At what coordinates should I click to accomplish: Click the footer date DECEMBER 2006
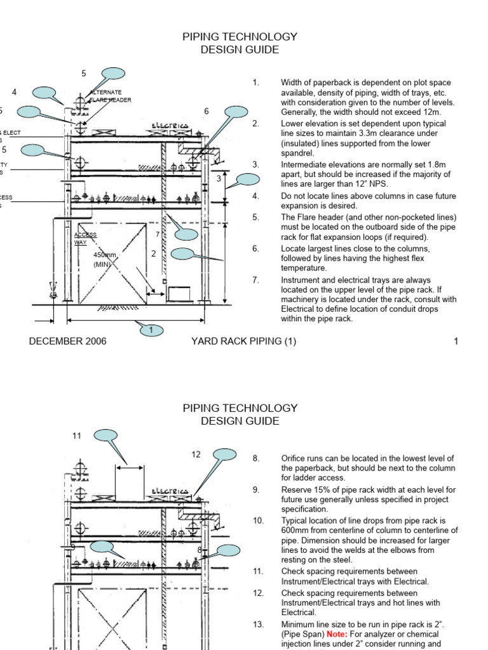pyautogui.click(x=67, y=342)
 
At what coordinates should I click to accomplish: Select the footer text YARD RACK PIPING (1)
pyautogui.click(x=243, y=342)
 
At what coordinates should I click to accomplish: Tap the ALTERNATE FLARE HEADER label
pyautogui.click(x=112, y=96)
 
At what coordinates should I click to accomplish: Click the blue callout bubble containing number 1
pyautogui.click(x=151, y=330)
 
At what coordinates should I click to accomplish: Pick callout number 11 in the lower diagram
pyautogui.click(x=77, y=435)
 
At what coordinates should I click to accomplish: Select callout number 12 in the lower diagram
pyautogui.click(x=196, y=454)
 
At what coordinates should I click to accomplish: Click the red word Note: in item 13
pyautogui.click(x=337, y=634)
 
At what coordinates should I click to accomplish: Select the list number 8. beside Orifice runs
pyautogui.click(x=256, y=458)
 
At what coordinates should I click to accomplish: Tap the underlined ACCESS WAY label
pyautogui.click(x=86, y=238)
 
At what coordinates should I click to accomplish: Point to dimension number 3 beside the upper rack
pyautogui.click(x=218, y=178)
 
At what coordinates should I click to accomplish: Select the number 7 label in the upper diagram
pyautogui.click(x=157, y=235)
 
